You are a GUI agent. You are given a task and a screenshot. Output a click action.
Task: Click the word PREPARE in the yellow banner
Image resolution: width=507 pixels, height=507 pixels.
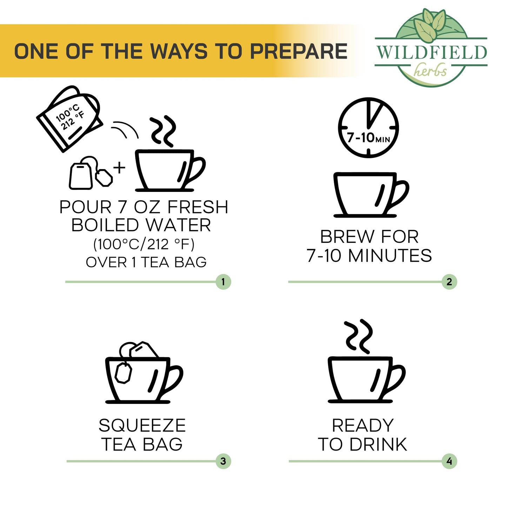(299, 51)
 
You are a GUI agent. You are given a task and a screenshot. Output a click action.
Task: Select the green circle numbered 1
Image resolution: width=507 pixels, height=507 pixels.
(223, 282)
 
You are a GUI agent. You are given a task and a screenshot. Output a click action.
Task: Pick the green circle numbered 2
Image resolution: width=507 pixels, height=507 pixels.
(449, 282)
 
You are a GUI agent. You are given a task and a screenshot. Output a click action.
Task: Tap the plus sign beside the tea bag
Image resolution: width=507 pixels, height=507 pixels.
(119, 168)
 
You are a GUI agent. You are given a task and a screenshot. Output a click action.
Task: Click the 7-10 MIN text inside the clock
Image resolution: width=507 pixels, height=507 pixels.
(368, 138)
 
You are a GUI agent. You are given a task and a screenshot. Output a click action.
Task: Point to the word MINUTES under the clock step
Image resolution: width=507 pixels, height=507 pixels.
(390, 255)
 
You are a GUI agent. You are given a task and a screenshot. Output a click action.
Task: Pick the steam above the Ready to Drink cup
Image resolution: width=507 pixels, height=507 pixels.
(358, 337)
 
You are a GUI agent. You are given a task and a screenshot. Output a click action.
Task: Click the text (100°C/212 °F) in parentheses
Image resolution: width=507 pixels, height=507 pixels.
(144, 245)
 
